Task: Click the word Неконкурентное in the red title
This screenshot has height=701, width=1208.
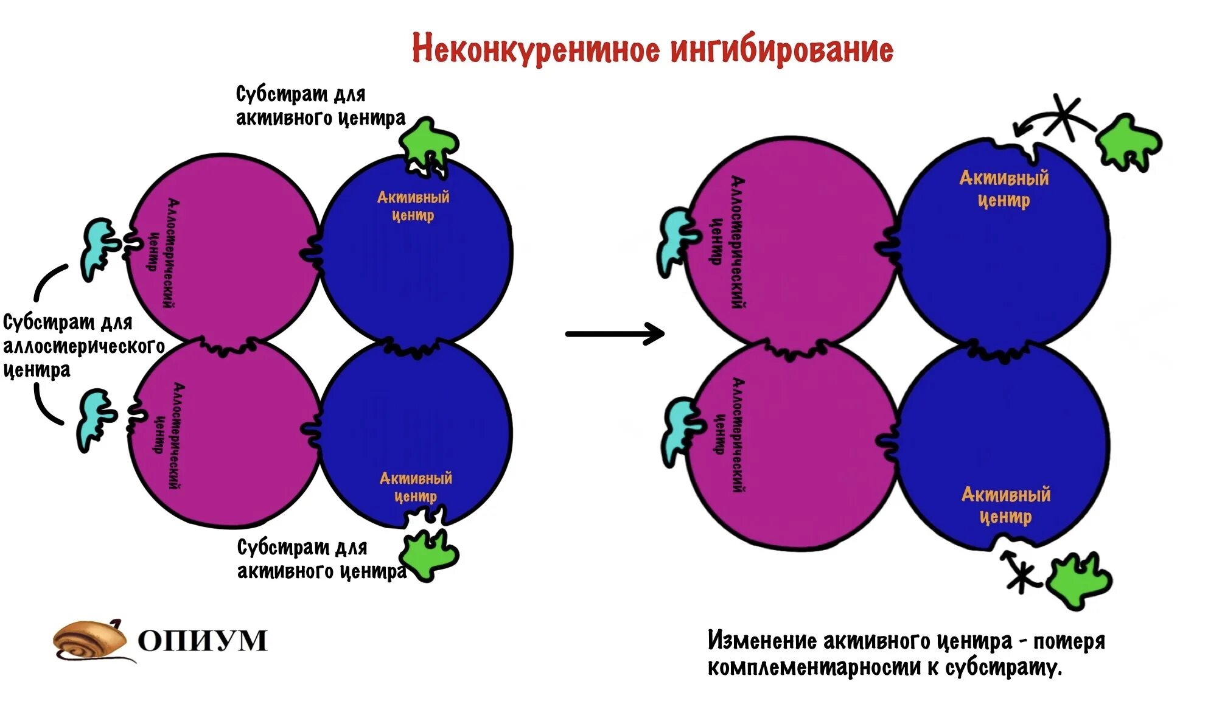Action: [x=536, y=49]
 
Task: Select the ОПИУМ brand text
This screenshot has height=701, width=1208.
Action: [x=203, y=641]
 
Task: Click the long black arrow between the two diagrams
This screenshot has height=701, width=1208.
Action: [x=615, y=333]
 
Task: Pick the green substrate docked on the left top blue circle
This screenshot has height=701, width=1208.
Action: [x=428, y=141]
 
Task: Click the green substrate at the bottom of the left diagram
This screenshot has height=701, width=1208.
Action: [x=428, y=554]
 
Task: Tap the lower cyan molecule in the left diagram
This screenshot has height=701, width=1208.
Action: [x=96, y=420]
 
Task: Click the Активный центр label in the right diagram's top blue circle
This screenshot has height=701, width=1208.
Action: [x=1004, y=189]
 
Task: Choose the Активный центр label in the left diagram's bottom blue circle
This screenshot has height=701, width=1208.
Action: [x=416, y=487]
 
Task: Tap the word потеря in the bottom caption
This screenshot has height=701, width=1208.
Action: [x=1069, y=641]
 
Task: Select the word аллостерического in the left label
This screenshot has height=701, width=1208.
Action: [x=84, y=346]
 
